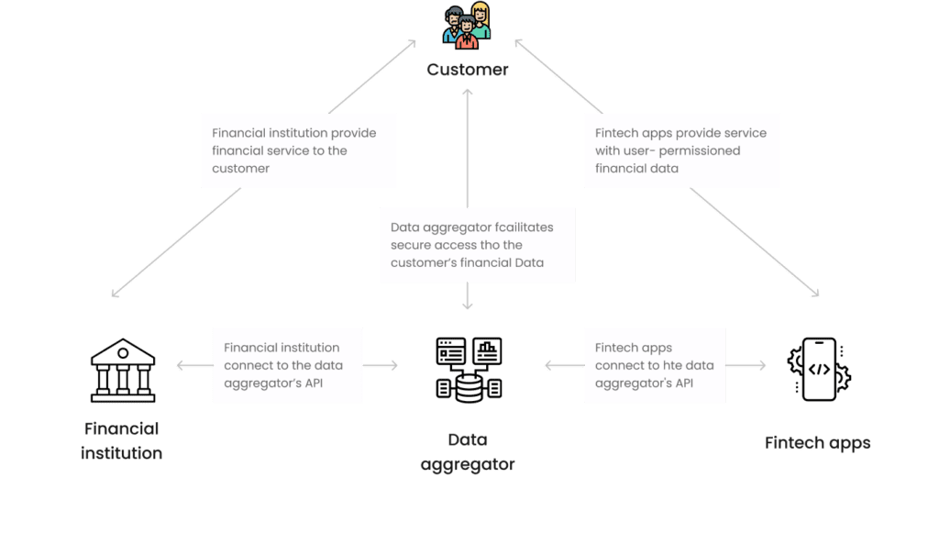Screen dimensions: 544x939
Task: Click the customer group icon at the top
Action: coord(467,25)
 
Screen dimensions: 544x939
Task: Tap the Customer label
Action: coord(467,70)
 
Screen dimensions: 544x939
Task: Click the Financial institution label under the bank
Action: coord(122,440)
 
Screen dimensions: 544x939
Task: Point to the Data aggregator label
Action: coord(468,451)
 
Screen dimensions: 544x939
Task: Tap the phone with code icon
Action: coord(819,369)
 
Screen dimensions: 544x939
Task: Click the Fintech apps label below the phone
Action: coord(817,443)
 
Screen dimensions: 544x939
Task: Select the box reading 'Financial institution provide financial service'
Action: coord(299,150)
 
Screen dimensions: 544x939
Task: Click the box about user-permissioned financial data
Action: coord(681,150)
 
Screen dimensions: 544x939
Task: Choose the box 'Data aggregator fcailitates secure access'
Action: coord(477,244)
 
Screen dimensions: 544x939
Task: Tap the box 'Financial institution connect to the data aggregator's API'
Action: coord(288,365)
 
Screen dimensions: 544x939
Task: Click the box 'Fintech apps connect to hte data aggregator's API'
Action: coord(655,365)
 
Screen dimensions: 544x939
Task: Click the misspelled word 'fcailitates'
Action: coord(519,227)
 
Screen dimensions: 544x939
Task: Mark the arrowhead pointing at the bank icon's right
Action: coord(179,365)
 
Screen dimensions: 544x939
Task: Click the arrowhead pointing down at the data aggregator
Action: coord(467,306)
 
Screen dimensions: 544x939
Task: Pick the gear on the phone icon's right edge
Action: coord(845,375)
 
